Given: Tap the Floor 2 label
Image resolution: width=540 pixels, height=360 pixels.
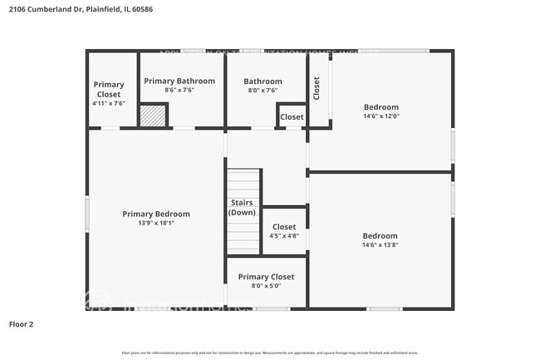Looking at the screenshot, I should point(22,323).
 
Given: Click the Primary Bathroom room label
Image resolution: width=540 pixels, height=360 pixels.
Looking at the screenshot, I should point(179,81).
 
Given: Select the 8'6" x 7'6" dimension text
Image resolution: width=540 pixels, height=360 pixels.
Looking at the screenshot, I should point(179,90).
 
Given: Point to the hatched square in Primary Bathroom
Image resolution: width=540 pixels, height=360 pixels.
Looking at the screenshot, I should point(153,116).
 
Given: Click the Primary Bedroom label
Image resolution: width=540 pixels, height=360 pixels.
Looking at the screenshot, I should point(156,214).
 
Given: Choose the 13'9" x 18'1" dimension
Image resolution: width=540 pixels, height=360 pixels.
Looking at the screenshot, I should point(156,223).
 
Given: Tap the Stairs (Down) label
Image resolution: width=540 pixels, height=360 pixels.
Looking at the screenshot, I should point(242,208).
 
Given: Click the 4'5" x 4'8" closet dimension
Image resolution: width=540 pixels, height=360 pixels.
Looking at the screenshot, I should point(284,235).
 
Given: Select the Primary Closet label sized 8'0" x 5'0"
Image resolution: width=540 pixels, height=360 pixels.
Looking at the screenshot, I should point(266,277).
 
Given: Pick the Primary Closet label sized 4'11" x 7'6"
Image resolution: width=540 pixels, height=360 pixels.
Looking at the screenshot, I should point(109,88).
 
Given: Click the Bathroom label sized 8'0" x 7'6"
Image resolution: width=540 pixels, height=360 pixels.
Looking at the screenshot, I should point(263,81).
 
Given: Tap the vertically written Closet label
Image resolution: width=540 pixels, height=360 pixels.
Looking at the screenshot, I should point(317,89).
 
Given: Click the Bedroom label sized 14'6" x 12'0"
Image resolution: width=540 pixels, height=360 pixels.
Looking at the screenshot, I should point(381,107).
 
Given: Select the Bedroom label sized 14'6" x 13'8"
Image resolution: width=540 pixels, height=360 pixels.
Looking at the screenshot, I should point(380,235).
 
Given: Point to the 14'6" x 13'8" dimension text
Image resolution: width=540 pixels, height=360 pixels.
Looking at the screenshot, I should point(380,244).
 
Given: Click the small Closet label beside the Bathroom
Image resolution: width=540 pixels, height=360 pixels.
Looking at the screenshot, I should point(292,117).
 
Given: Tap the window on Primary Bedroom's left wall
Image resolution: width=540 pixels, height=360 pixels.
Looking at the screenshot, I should point(87,214).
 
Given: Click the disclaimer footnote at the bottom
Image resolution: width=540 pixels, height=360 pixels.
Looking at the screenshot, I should point(271,353).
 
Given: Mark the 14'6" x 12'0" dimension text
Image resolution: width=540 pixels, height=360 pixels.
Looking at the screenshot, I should point(381,116).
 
